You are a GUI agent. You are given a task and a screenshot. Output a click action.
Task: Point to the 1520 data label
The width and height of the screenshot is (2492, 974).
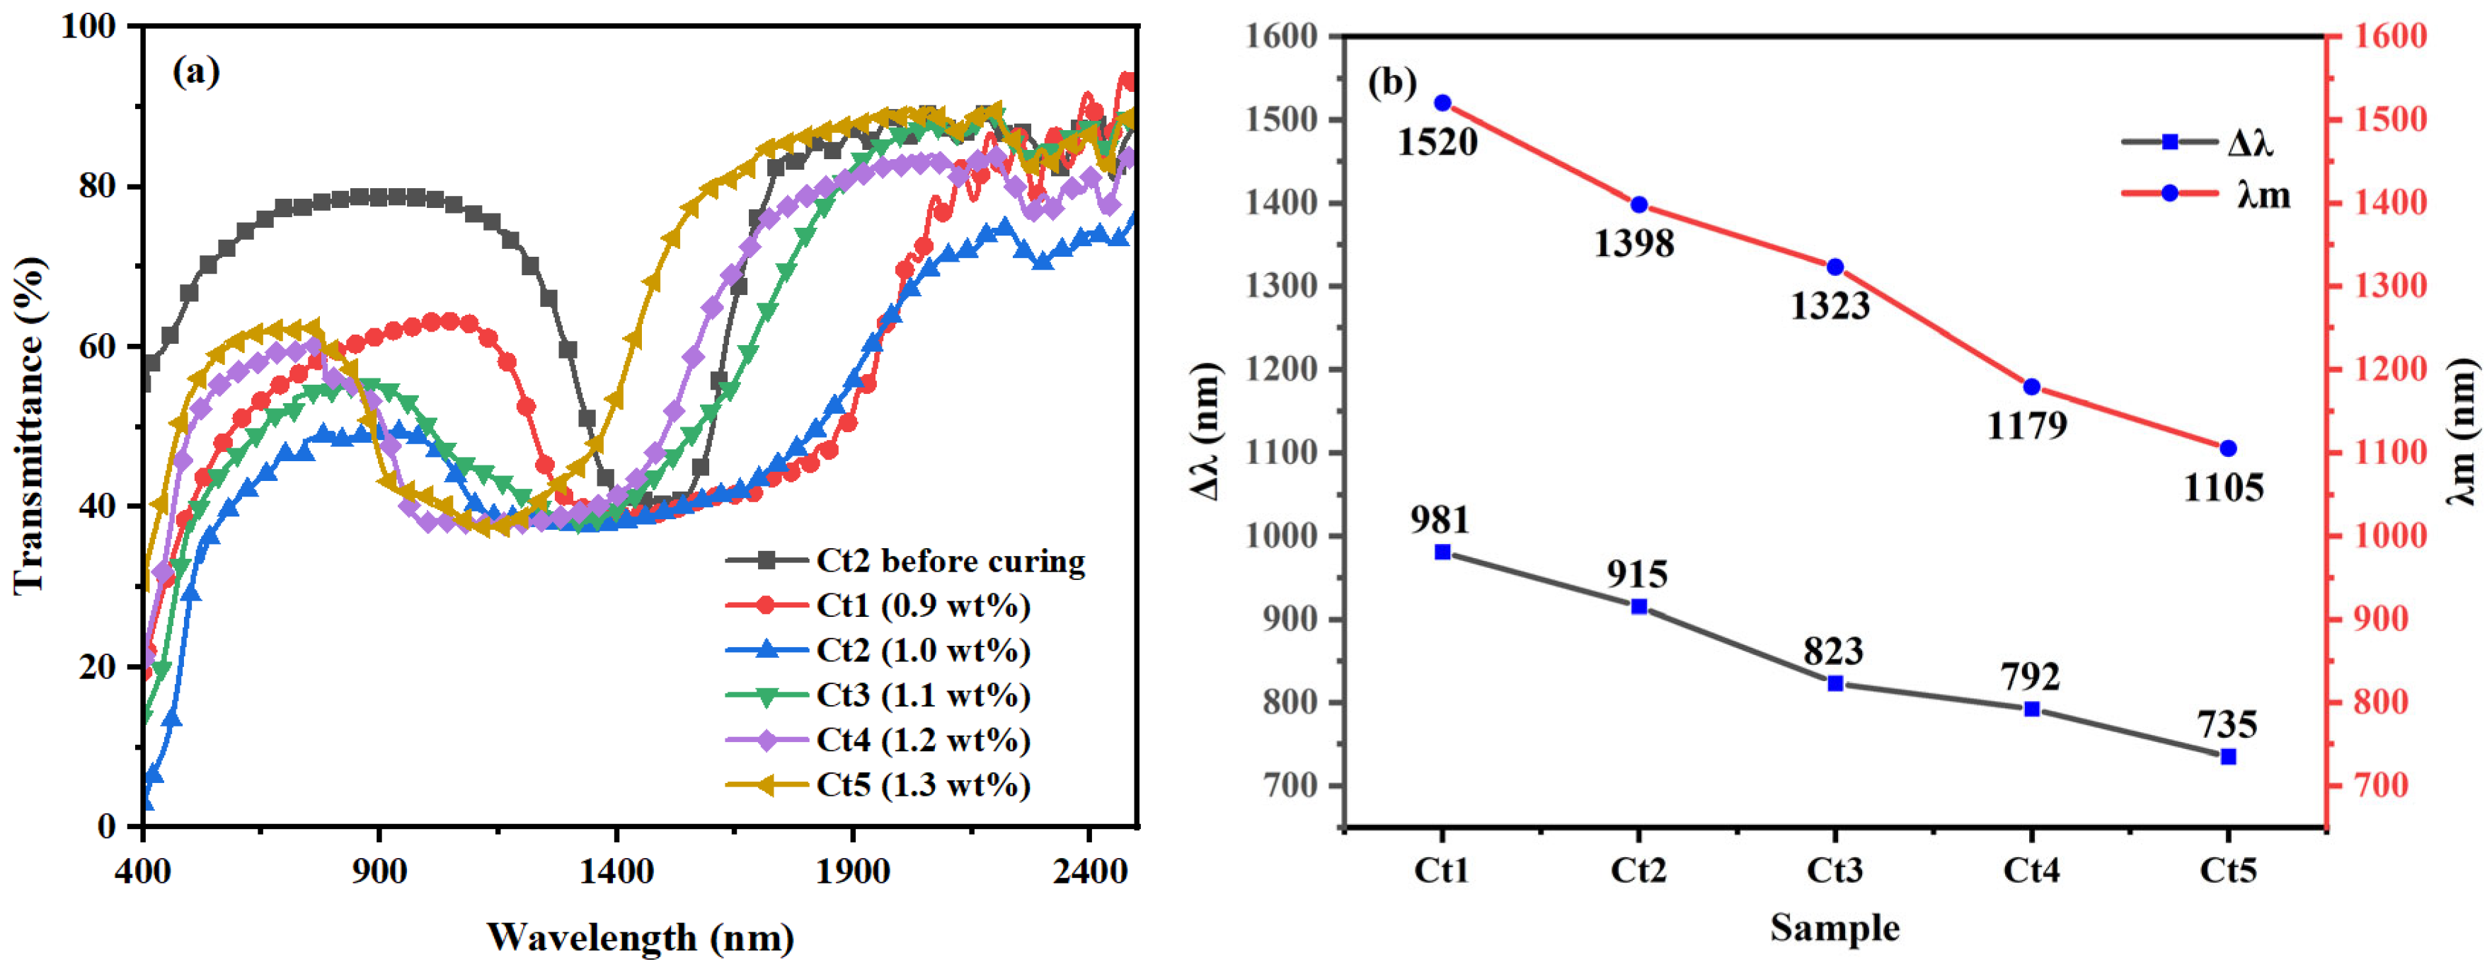(1437, 143)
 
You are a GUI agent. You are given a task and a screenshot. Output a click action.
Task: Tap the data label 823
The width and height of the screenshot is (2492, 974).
(1833, 651)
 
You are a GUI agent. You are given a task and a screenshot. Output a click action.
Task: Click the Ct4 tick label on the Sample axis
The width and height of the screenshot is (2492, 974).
(2031, 871)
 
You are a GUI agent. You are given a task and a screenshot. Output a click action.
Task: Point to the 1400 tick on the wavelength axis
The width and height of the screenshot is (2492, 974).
(616, 871)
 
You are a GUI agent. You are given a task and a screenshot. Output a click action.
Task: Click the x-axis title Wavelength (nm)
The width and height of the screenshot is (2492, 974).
(641, 937)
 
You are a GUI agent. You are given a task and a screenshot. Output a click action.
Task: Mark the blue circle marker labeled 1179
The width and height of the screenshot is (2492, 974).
(2031, 387)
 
